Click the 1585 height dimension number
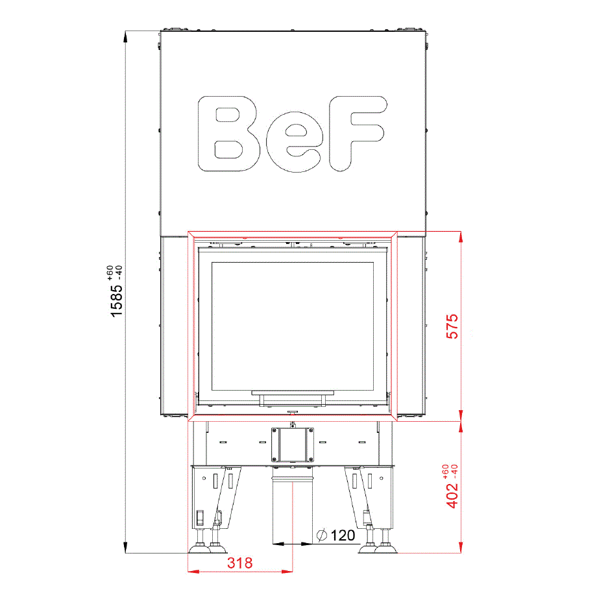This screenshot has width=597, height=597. pyautogui.click(x=117, y=301)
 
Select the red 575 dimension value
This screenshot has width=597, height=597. pyautogui.click(x=452, y=326)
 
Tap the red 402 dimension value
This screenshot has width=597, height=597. pyautogui.click(x=452, y=495)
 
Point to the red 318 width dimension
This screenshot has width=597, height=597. pyautogui.click(x=240, y=563)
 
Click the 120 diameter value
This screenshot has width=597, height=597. pyautogui.click(x=343, y=535)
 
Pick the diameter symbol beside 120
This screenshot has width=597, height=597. pyautogui.click(x=322, y=535)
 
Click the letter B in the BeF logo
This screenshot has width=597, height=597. pyautogui.click(x=228, y=134)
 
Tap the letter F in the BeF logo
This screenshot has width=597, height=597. pyautogui.click(x=358, y=134)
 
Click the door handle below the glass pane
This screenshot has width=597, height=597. pyautogui.click(x=293, y=398)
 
